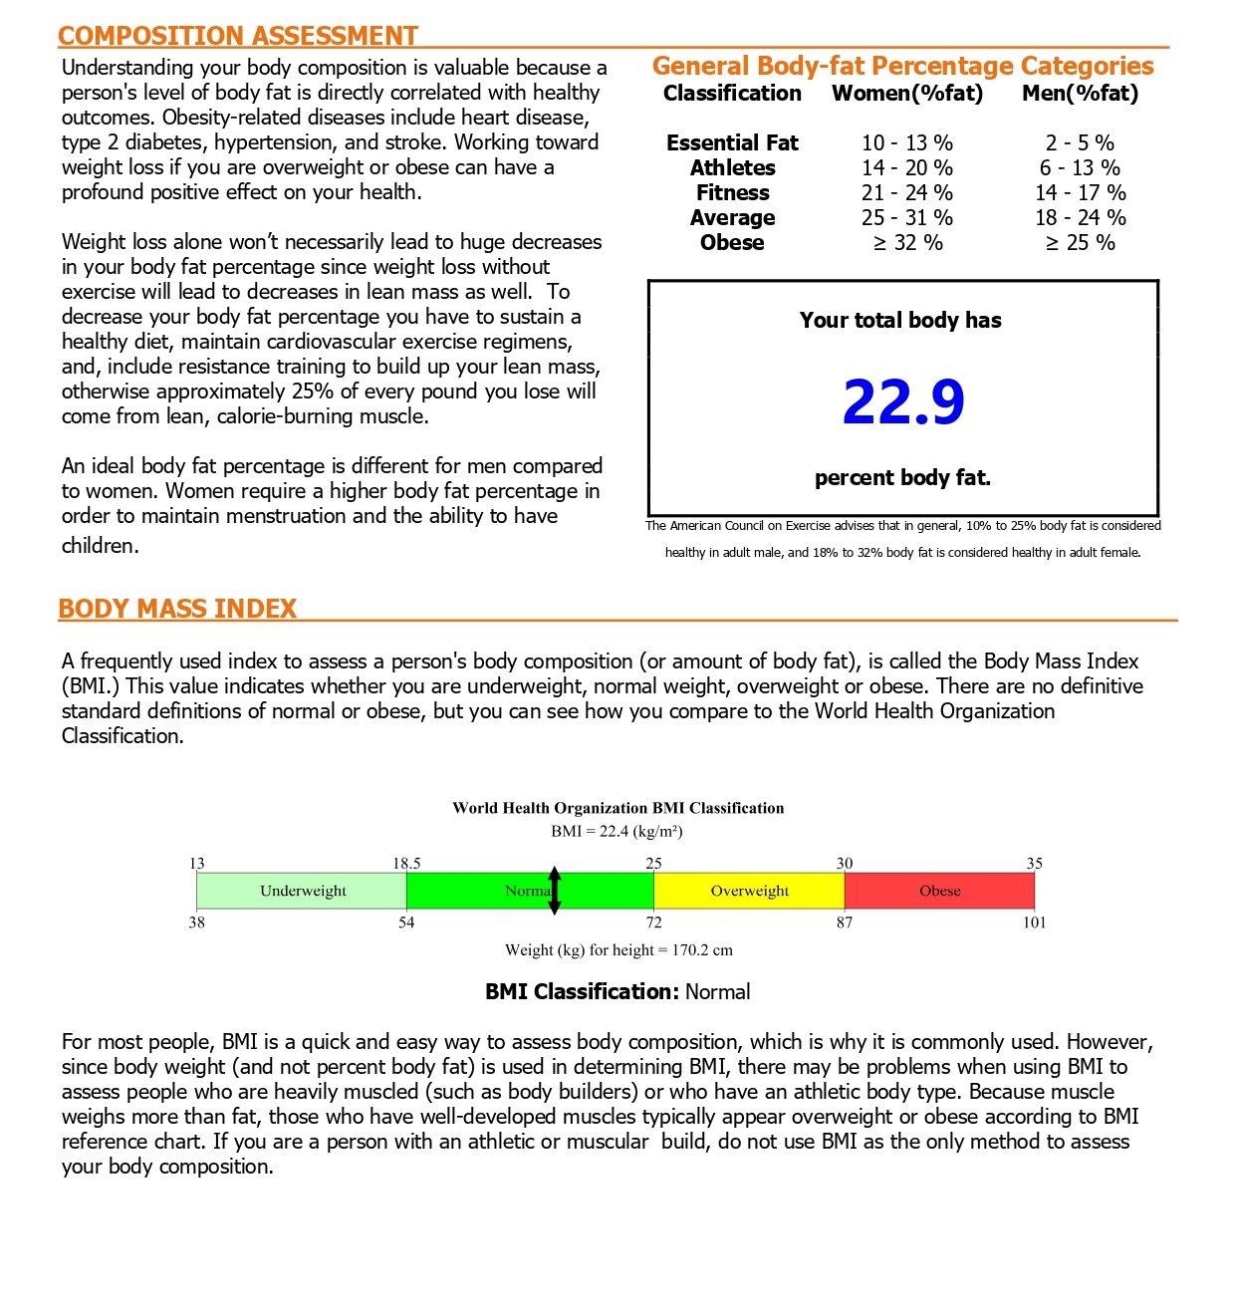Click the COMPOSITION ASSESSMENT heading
pos(237,36)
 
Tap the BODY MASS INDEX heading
pos(177,609)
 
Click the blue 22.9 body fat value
pos(903,402)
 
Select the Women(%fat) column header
pos(907,94)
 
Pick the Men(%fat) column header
pos(1080,94)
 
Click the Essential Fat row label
pos(732,143)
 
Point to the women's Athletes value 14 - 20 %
pos(907,168)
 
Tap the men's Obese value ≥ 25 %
pos(1080,243)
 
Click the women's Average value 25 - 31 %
pos(907,218)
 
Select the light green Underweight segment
pos(302,891)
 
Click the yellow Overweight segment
pos(749,891)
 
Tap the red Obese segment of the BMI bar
pos(939,891)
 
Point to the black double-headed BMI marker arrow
pos(555,891)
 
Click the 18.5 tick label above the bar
pos(406,864)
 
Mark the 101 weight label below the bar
pos(1034,922)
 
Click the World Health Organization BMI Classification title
pos(617,808)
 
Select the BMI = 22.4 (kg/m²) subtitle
pos(617,831)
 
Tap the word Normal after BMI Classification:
pos(717,992)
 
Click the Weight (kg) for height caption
pos(617,950)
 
